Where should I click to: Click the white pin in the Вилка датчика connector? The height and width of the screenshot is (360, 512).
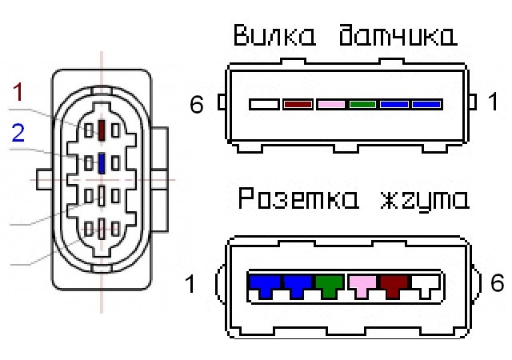[x=264, y=104]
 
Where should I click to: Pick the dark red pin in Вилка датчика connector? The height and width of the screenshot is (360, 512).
[x=298, y=104]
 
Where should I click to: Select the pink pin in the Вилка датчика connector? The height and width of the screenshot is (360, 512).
[x=331, y=104]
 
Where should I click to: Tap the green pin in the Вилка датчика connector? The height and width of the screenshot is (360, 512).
[x=362, y=104]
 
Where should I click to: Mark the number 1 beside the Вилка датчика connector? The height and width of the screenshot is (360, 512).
[x=493, y=102]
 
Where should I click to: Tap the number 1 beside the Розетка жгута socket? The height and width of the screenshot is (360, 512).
[x=191, y=284]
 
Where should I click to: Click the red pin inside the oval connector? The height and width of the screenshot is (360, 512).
[x=102, y=129]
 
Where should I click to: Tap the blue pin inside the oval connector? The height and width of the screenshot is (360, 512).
[x=102, y=163]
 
